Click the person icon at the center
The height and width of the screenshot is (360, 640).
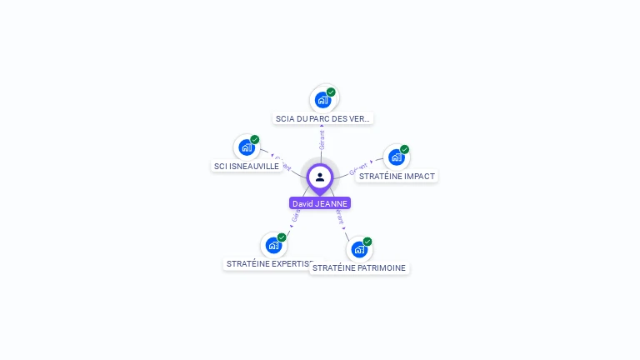(320, 177)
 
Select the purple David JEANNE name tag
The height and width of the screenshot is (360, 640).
(320, 203)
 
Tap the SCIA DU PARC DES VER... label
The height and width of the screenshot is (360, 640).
(322, 118)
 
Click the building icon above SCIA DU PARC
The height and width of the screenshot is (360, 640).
(322, 100)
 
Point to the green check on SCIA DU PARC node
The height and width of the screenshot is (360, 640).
(331, 92)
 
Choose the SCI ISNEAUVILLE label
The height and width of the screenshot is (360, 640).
(246, 166)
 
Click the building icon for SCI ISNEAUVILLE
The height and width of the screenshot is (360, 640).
(246, 147)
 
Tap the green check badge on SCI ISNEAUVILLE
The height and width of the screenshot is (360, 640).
(255, 140)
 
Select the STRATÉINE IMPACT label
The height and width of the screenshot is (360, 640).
(396, 176)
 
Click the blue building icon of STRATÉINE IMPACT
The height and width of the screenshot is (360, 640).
(396, 157)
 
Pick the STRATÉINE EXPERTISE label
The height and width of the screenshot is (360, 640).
(268, 263)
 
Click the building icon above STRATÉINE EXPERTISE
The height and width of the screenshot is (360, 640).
(272, 245)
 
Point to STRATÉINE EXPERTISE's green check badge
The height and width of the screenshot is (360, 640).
(282, 237)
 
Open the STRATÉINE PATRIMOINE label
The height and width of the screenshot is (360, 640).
(359, 267)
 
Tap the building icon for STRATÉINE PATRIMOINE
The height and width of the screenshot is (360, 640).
(358, 249)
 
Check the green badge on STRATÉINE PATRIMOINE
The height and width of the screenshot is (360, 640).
(367, 242)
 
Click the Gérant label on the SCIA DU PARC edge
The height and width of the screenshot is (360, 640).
(322, 139)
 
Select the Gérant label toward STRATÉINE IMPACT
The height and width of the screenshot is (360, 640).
(359, 167)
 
